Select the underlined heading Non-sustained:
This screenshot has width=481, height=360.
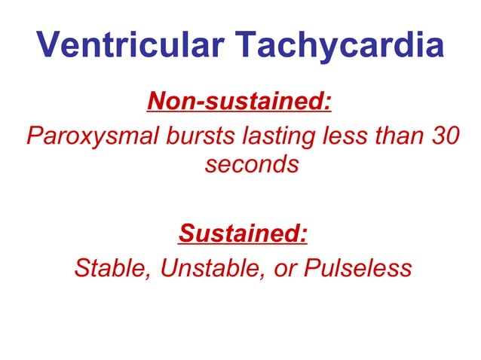click(x=239, y=99)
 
